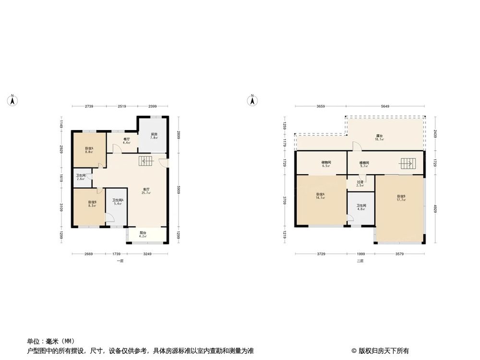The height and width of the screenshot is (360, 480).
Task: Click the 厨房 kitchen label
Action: (x=154, y=136)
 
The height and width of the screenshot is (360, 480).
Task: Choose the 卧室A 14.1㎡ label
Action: (x=320, y=196)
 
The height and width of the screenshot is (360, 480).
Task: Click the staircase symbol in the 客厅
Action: (x=146, y=162)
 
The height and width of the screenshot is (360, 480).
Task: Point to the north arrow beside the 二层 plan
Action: (x=251, y=100)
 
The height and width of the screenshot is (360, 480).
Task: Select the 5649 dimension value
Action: (x=385, y=106)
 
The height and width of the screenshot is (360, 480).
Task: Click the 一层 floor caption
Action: (x=120, y=261)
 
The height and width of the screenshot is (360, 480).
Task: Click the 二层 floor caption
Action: (x=360, y=261)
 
